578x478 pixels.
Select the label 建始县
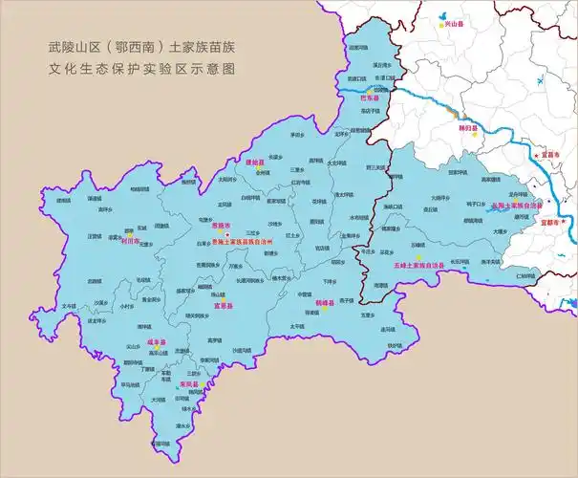(x=253, y=163)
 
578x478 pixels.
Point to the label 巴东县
(x=369, y=98)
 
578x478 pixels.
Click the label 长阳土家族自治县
(x=516, y=206)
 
